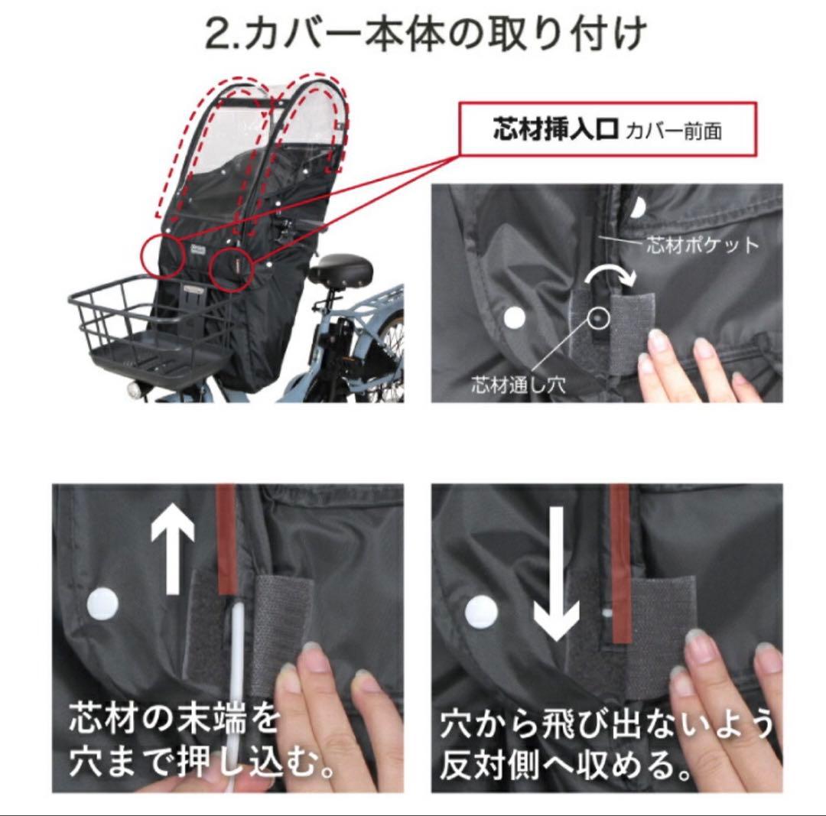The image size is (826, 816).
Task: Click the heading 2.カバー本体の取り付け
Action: (x=427, y=34)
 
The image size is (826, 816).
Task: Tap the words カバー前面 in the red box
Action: (x=673, y=131)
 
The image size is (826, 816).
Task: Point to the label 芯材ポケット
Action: (x=703, y=245)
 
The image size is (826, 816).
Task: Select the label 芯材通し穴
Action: (x=518, y=385)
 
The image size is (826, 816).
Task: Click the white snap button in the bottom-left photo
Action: (x=102, y=603)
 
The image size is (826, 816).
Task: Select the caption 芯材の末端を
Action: (x=173, y=719)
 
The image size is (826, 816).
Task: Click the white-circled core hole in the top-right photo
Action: (x=597, y=315)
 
